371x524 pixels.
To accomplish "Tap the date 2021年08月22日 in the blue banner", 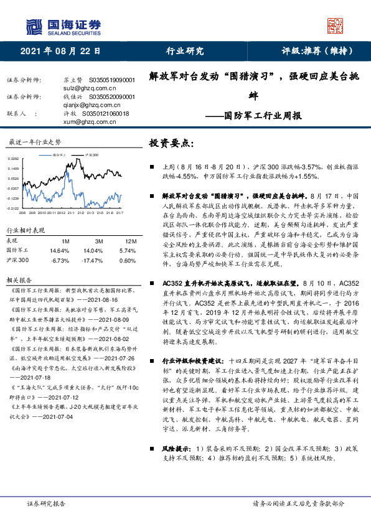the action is click(60, 51).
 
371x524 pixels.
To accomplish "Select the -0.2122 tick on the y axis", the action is click(13, 208).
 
